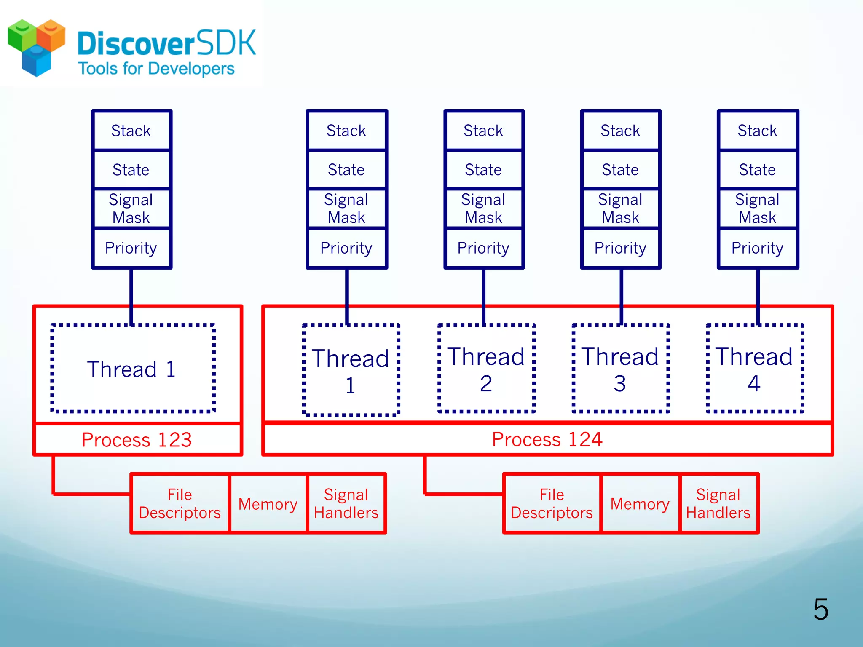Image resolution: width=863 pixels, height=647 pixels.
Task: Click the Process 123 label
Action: pos(137,440)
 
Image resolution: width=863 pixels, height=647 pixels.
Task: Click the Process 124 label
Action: pos(547,439)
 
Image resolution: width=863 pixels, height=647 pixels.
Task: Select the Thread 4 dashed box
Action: pos(754,369)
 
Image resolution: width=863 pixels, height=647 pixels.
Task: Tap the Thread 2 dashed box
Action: pos(486,369)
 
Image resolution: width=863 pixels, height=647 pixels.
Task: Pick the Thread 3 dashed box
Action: pos(620,369)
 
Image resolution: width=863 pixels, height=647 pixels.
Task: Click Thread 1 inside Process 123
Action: pos(132,369)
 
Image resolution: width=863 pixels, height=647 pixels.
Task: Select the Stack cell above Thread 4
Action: pos(757,131)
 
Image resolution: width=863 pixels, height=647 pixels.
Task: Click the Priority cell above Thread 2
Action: pos(483,248)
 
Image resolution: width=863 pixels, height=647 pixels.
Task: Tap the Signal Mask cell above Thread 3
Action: pos(620,209)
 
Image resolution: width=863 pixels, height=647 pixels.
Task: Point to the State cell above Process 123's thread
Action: pos(131,170)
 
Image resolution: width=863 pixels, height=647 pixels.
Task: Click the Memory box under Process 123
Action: pos(268,504)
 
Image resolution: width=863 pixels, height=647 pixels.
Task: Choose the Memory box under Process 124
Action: pos(640,504)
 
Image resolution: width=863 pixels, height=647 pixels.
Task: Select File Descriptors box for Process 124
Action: pos(552,504)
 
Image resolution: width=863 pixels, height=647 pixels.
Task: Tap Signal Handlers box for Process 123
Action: pos(346,504)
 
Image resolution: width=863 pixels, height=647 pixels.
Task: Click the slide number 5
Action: pos(820,609)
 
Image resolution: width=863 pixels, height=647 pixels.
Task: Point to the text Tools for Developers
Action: pos(156,69)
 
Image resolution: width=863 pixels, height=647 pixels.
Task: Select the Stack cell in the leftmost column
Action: pos(131,131)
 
